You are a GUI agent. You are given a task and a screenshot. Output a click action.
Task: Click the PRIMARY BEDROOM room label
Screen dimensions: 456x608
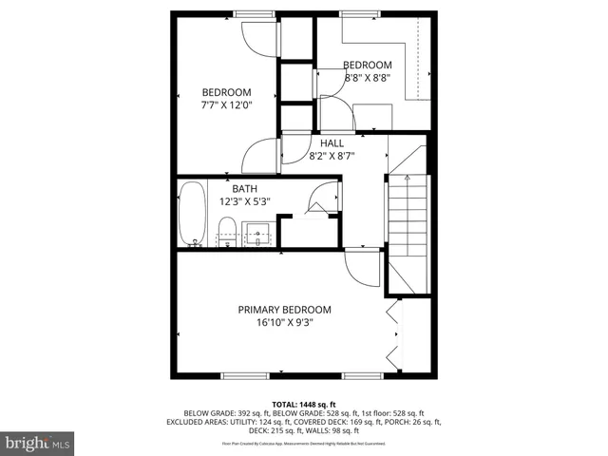(x=284, y=310)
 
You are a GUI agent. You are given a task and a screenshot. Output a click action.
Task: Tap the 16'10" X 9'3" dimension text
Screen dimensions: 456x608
(x=284, y=323)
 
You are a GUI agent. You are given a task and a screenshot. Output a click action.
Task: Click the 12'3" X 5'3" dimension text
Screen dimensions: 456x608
(x=245, y=201)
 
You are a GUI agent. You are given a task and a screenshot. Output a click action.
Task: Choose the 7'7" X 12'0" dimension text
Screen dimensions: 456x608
(x=226, y=105)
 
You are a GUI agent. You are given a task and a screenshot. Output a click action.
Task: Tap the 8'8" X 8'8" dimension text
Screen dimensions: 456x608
(x=340, y=78)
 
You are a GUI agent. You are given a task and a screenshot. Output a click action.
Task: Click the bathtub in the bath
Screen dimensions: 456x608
(x=192, y=215)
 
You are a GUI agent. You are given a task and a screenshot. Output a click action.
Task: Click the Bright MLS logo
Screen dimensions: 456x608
(x=38, y=442)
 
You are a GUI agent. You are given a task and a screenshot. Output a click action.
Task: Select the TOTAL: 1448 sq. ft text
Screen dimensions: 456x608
(x=303, y=404)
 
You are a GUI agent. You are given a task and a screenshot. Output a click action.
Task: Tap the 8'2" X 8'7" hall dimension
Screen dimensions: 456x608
(x=330, y=156)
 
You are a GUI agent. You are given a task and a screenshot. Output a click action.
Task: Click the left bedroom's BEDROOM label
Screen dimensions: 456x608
(x=226, y=92)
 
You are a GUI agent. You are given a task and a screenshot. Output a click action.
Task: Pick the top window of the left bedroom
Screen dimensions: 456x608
(x=250, y=12)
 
